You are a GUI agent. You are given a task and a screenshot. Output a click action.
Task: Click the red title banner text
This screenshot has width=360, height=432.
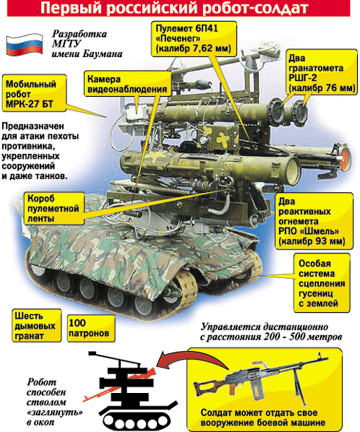[x=179, y=10]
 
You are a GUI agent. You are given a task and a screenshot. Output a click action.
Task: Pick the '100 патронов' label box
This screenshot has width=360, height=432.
[x=90, y=329]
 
